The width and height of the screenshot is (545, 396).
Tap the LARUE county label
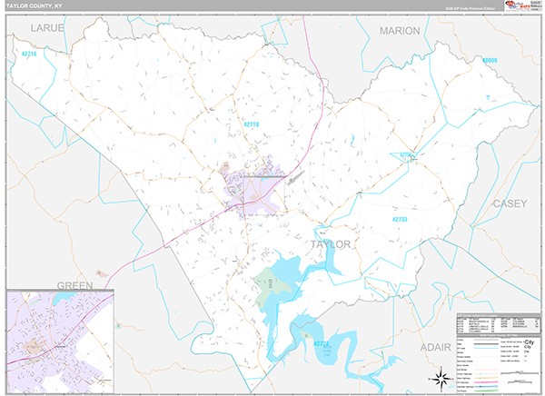(48, 28)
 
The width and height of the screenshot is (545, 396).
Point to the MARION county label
(399, 30)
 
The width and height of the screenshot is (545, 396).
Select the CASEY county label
(509, 203)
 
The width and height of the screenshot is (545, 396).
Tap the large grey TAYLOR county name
(330, 244)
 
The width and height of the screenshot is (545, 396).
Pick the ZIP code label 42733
(406, 219)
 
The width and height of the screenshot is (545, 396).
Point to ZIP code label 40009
(491, 60)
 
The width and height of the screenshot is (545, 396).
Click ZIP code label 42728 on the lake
(324, 345)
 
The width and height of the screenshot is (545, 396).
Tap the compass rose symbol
(437, 378)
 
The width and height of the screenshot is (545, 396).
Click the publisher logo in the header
(519, 6)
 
